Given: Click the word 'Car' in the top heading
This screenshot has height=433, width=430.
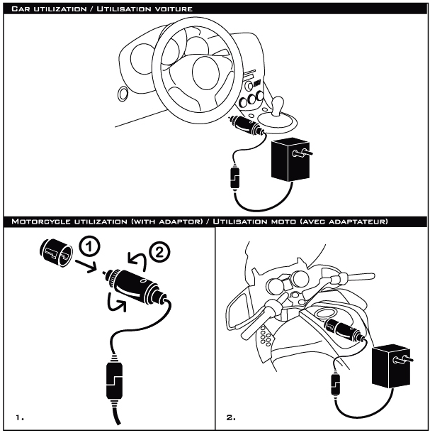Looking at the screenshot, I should pos(19,8).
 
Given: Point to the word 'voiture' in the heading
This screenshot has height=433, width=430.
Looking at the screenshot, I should pos(172,8).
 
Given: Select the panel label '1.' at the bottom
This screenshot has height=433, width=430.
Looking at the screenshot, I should pos(18,417).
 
